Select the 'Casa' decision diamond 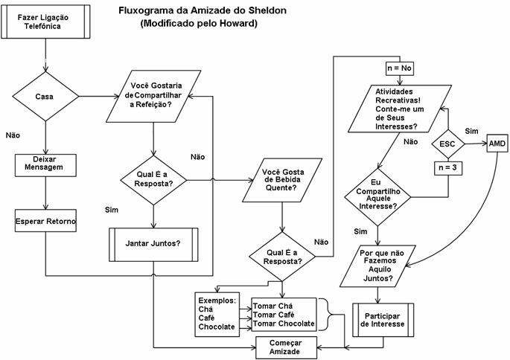pyautogui.click(x=45, y=96)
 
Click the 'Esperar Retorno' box pyautogui.click(x=45, y=221)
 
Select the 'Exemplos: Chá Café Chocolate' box pyautogui.click(x=217, y=313)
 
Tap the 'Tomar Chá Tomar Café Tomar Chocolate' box pyautogui.click(x=283, y=314)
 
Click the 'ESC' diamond pyautogui.click(x=447, y=142)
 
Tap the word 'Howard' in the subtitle pyautogui.click(x=236, y=23)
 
